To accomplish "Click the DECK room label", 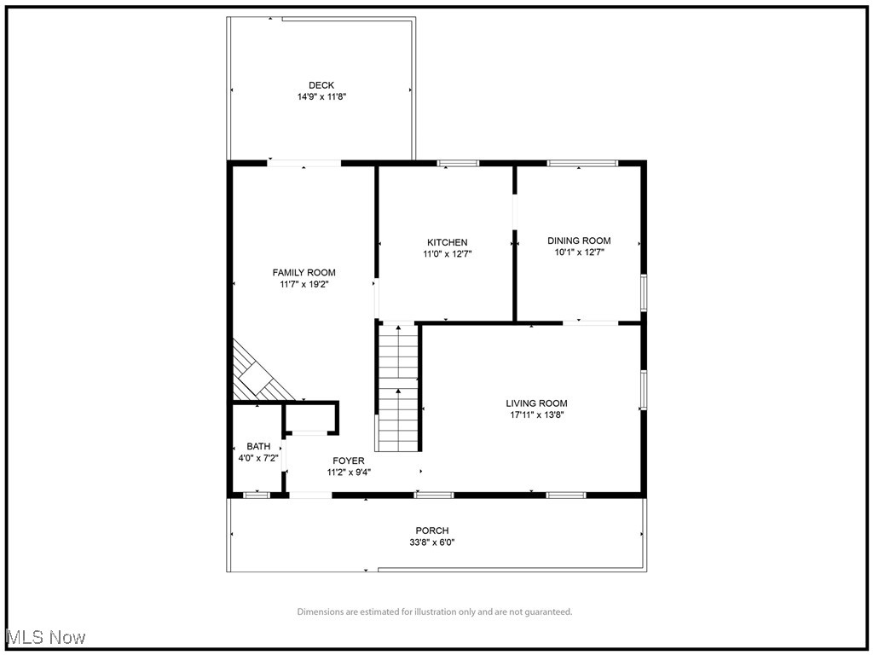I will [x=321, y=85].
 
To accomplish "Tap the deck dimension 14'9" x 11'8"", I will [x=321, y=97].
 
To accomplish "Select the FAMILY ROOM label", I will [x=304, y=273].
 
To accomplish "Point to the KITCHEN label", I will [x=448, y=242].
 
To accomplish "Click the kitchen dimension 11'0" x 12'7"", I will [x=448, y=254].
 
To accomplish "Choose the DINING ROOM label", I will [x=579, y=241].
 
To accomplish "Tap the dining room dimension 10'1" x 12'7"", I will [x=579, y=252].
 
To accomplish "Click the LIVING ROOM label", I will [x=536, y=403].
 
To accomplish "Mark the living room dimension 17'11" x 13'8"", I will [x=536, y=415].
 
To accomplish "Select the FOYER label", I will [x=349, y=461].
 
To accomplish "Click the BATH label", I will [x=258, y=446].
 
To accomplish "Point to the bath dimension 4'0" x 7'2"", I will [x=258, y=458].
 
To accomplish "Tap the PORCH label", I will [x=432, y=530].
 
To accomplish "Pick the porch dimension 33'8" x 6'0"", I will [x=432, y=542].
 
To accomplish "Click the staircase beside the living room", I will [x=398, y=388].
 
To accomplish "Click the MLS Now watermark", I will [x=44, y=637].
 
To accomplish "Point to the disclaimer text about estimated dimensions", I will [x=435, y=612].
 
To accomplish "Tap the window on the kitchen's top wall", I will [x=459, y=163].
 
